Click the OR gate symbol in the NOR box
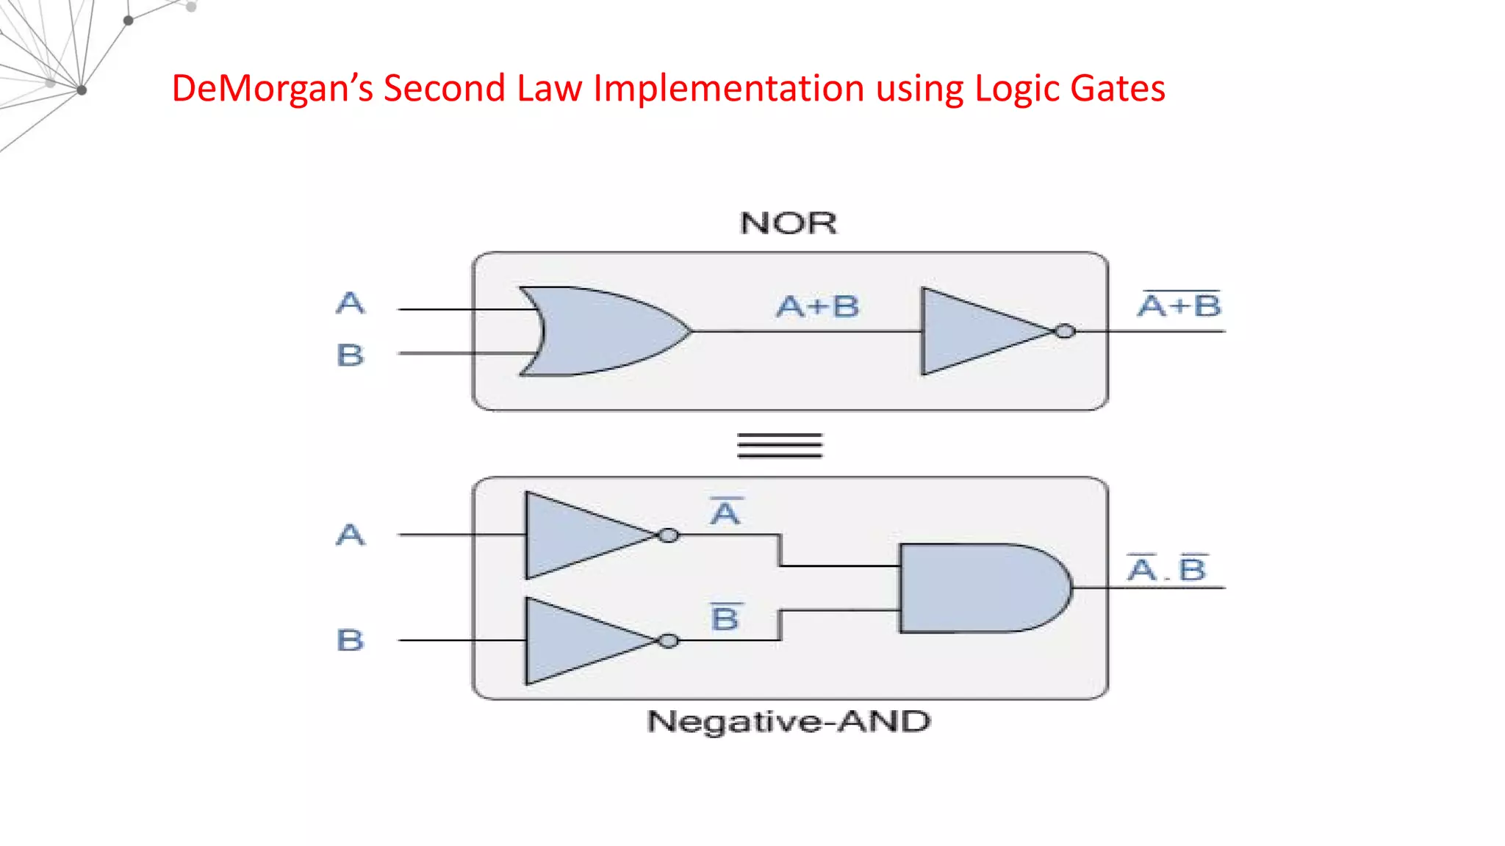[x=603, y=331]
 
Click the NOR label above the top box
[x=788, y=223]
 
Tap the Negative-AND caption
[x=789, y=722]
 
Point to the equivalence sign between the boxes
[x=780, y=446]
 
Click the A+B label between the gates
[x=817, y=306]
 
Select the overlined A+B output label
[x=1179, y=305]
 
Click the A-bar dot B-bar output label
[x=1167, y=568]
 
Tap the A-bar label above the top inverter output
[x=725, y=512]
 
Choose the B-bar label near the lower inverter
[x=725, y=618]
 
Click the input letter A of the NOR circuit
[x=350, y=303]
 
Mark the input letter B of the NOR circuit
[x=350, y=355]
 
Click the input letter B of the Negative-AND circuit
[x=350, y=640]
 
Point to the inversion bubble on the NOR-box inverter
[x=1065, y=331]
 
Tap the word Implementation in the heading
[x=728, y=88]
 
